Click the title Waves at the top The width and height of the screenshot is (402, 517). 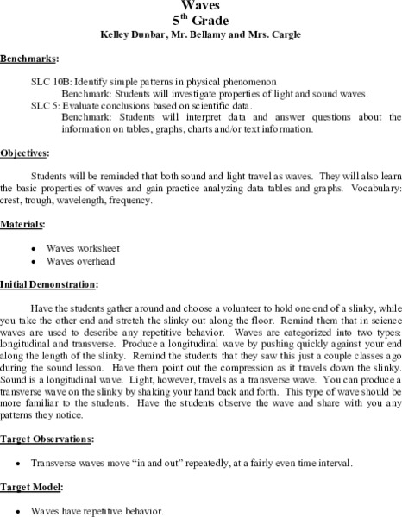tap(200, 4)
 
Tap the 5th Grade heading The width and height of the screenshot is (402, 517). tap(200, 19)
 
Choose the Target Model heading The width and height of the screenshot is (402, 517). tap(32, 487)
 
